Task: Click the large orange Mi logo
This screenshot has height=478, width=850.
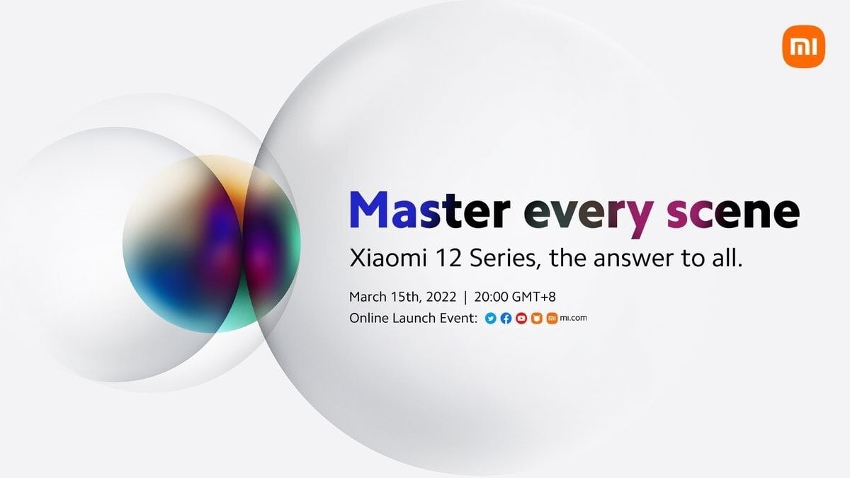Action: pyautogui.click(x=804, y=47)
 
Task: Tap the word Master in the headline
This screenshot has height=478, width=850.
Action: pyautogui.click(x=429, y=210)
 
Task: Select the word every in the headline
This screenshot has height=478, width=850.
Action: pyautogui.click(x=589, y=215)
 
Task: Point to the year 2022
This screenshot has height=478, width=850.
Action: pyautogui.click(x=441, y=297)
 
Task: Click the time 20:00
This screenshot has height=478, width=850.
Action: pyautogui.click(x=492, y=297)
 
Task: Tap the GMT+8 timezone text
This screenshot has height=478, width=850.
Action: pyautogui.click(x=534, y=297)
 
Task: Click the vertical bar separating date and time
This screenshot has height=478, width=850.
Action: pyautogui.click(x=465, y=297)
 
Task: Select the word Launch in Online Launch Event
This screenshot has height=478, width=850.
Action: pyautogui.click(x=414, y=318)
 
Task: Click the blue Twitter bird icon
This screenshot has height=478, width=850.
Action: pyautogui.click(x=491, y=318)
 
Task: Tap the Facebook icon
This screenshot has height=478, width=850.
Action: pyautogui.click(x=506, y=318)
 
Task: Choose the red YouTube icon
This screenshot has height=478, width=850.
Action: pyautogui.click(x=521, y=318)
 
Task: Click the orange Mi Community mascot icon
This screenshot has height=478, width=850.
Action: pyautogui.click(x=537, y=318)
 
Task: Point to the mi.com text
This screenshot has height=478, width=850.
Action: pyautogui.click(x=573, y=318)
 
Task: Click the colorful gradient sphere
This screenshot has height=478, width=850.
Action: pyautogui.click(x=211, y=244)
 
